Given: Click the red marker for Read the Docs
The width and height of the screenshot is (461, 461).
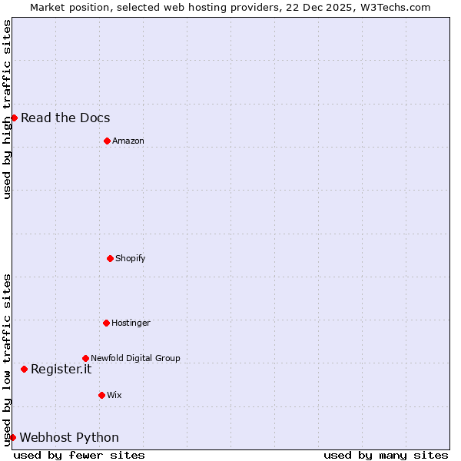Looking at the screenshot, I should (x=14, y=118).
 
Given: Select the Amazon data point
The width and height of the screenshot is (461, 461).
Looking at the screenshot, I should (x=107, y=141).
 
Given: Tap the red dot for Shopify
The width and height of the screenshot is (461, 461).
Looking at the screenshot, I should (x=110, y=258).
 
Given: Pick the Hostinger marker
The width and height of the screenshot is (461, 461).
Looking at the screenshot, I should (x=106, y=323).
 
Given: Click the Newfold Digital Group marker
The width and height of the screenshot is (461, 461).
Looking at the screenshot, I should (x=85, y=358).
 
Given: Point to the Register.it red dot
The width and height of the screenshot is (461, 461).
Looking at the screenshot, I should (x=24, y=369).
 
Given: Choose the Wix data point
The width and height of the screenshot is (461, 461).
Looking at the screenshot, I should (x=101, y=395).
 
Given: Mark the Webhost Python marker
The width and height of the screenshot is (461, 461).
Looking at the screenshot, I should (x=12, y=437).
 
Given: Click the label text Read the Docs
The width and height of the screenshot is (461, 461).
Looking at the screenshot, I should (x=65, y=118).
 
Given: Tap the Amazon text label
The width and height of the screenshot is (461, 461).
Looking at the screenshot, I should (x=128, y=141).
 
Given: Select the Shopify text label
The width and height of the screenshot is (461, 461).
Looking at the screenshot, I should (x=131, y=258).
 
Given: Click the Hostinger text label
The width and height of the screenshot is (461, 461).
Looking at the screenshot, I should (x=131, y=323).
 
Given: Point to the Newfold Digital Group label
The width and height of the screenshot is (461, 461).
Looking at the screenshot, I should (x=135, y=358).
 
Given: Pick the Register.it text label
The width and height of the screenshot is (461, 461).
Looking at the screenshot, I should (x=61, y=369).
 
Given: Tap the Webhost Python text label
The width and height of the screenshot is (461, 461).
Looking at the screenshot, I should (x=69, y=437).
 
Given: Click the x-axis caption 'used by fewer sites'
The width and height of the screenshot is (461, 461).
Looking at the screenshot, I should (x=79, y=455).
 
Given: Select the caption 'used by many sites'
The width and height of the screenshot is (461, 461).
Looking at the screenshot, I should (x=386, y=455).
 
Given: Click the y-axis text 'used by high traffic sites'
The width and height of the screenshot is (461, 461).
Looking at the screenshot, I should (x=7, y=109).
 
